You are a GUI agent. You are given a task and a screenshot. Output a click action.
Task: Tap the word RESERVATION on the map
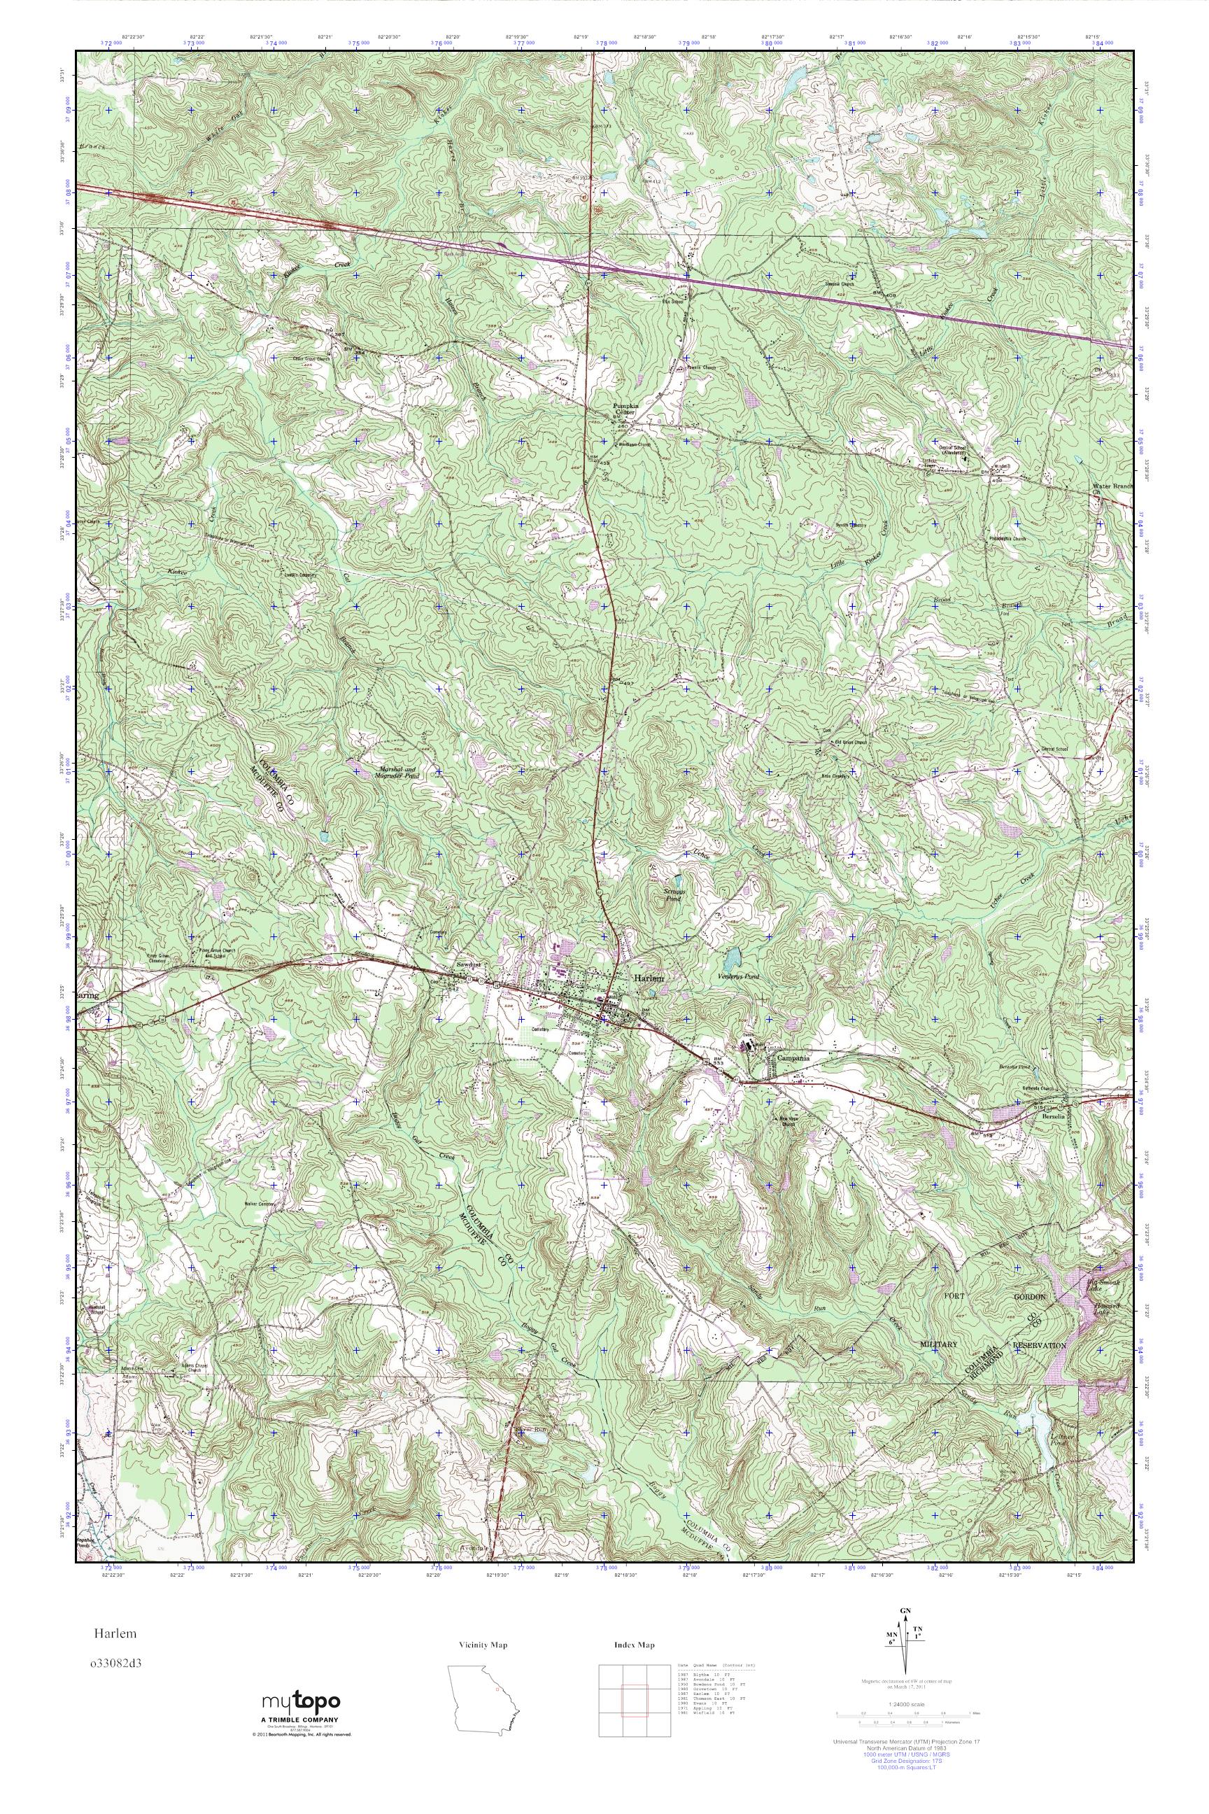click(x=1040, y=1345)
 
